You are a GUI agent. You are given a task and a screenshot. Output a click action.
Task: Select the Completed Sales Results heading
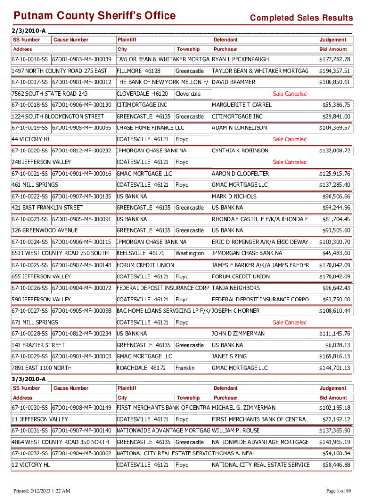pos(301,18)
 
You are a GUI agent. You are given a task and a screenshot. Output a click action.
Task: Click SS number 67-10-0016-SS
pos(30,59)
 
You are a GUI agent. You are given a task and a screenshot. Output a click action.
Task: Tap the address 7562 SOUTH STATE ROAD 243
pos(49,94)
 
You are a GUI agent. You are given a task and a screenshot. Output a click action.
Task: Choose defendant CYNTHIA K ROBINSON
pos(240,151)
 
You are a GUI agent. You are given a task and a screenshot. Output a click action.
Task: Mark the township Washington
pos(189,253)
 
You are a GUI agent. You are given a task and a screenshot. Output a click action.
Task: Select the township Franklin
pos(185,368)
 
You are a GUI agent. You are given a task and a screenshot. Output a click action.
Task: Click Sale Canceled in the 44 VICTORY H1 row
pos(289,139)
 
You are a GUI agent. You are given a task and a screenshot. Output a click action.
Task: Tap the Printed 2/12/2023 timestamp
pos(42,491)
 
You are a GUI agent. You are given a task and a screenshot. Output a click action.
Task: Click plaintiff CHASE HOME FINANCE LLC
pos(146,128)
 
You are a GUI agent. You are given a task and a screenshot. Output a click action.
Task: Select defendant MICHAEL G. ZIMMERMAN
pos(244,408)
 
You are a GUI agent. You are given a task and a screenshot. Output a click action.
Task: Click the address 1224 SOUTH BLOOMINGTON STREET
pos(57,116)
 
